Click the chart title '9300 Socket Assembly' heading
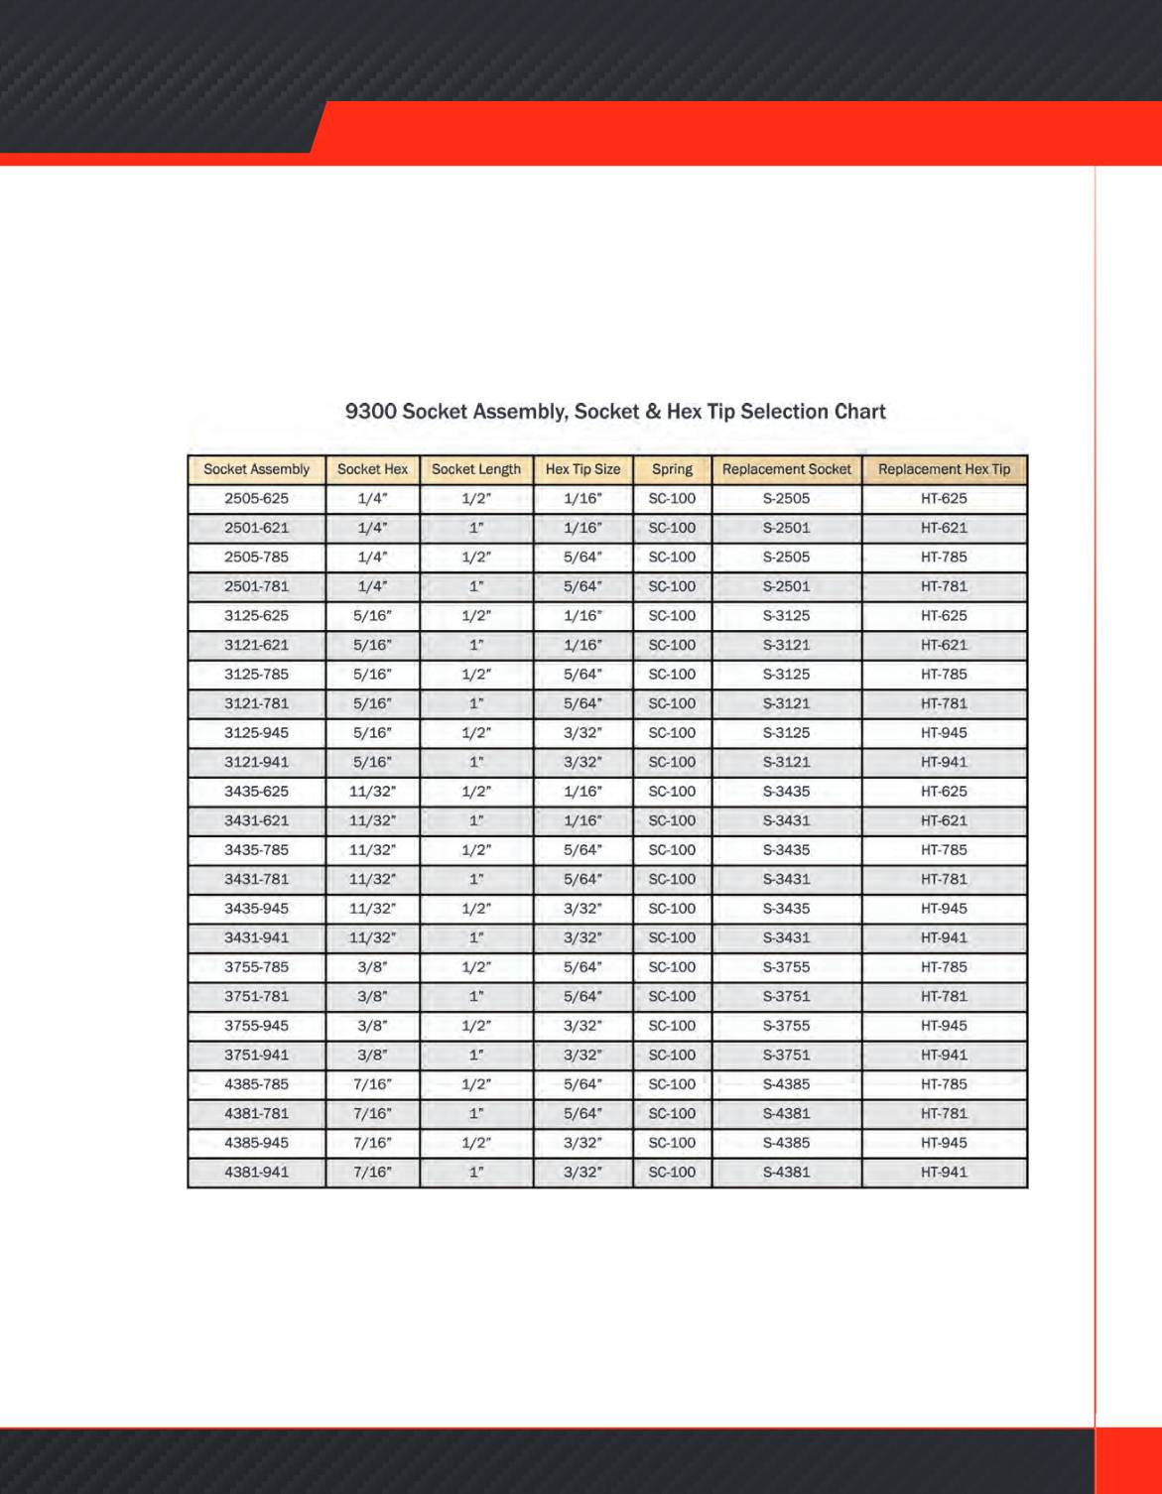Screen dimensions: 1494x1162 coord(615,412)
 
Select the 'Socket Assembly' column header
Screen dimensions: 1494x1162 coord(256,469)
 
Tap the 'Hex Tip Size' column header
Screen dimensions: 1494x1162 coord(582,469)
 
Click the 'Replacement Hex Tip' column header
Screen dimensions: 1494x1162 coord(944,469)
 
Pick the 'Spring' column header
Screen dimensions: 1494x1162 coord(672,469)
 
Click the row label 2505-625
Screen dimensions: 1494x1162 coord(256,499)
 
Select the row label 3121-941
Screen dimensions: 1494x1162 coord(256,763)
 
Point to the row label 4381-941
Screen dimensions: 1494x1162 coord(256,1173)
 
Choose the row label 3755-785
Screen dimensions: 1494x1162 coord(256,967)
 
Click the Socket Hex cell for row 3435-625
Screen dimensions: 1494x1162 coord(372,792)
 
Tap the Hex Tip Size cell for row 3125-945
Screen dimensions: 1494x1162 coord(582,733)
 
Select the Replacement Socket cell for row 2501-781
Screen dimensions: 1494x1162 coord(786,586)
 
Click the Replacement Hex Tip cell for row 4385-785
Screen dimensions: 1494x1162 coord(944,1084)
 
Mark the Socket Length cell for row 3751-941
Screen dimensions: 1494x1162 coord(476,1056)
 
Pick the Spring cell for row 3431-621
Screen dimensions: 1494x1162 coord(672,821)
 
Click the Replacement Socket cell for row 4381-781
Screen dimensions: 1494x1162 coord(786,1114)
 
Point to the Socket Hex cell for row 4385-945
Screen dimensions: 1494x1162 coord(372,1143)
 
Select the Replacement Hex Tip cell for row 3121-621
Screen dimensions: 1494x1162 coord(944,645)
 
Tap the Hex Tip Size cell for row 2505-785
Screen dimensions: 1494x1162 coord(582,558)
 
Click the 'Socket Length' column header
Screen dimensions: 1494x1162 coord(476,469)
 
